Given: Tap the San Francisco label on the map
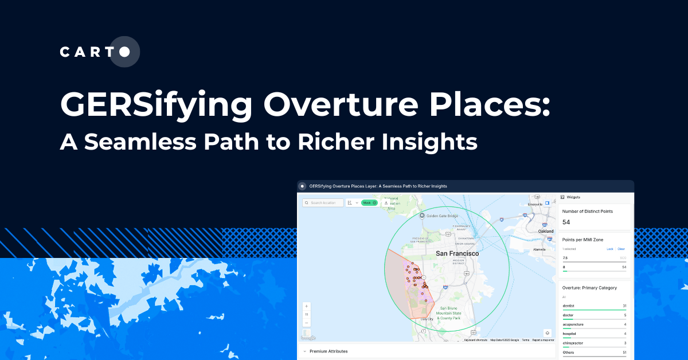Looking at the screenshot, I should [457, 253].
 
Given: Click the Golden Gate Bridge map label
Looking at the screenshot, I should [441, 216].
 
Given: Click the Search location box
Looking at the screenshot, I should [324, 202].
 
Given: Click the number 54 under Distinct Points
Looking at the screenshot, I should [566, 222].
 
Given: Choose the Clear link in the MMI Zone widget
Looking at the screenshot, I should [621, 249].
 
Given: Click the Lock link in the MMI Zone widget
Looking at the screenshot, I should [610, 249].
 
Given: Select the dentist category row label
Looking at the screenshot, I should [569, 306].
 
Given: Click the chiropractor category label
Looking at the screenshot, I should [572, 342].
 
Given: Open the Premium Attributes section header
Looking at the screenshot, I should [329, 351].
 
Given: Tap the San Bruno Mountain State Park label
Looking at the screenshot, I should [448, 313].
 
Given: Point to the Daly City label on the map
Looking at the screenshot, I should [427, 319].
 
